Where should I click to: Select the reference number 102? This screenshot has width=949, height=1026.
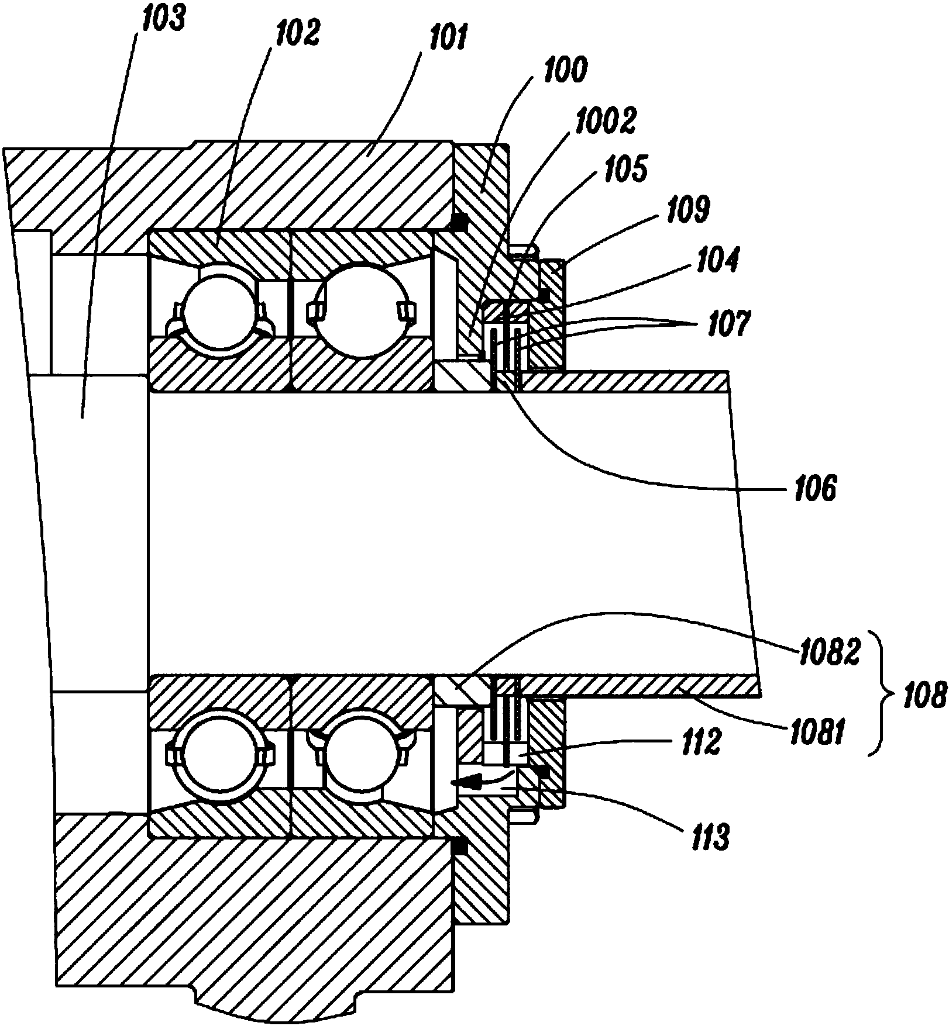click(297, 34)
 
